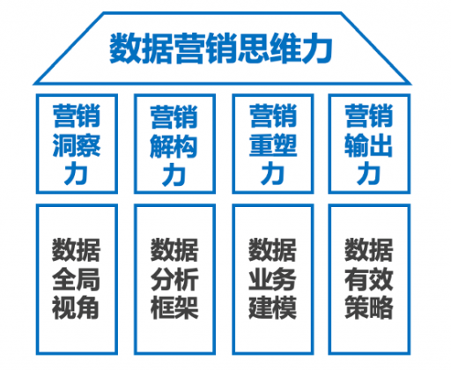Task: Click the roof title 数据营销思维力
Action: (x=221, y=48)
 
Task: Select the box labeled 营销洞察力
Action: (x=77, y=144)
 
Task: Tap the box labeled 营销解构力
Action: (x=174, y=144)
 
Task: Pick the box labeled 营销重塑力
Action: (x=273, y=144)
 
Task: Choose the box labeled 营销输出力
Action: (x=369, y=144)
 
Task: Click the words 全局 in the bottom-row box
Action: (x=76, y=279)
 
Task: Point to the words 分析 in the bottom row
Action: (x=174, y=279)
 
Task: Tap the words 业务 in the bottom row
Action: (x=272, y=279)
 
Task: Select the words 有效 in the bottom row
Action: (x=369, y=279)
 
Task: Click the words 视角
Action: (x=76, y=307)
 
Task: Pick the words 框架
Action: (x=174, y=307)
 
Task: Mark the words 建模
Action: (x=272, y=307)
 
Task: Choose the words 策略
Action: (x=369, y=307)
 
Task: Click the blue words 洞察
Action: (x=77, y=145)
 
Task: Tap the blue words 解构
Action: (x=174, y=146)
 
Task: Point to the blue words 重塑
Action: (x=273, y=145)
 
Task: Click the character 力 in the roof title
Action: (x=317, y=48)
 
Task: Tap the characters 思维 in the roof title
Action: (x=270, y=48)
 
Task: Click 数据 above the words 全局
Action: (x=76, y=250)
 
